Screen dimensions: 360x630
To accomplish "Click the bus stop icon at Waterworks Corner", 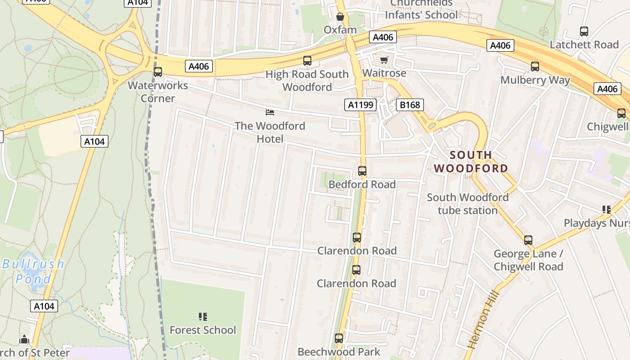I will [158, 72].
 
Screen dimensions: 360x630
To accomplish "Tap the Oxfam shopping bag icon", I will [340, 17].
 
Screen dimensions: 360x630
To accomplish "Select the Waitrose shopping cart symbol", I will [384, 60].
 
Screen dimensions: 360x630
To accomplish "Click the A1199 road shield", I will [360, 105].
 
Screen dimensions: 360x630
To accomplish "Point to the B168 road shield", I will [409, 105].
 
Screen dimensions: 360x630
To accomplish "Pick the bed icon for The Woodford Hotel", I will [270, 112].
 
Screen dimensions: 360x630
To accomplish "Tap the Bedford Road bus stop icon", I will [362, 171].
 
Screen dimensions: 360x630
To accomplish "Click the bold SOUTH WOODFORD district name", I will [471, 162].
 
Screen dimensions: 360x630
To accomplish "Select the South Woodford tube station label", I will [468, 203].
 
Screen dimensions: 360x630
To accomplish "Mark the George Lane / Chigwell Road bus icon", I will [528, 240].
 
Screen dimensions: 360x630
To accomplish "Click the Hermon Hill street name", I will [483, 320].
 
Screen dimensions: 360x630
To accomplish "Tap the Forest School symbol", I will [203, 317].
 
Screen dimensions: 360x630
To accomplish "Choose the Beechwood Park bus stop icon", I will [339, 338].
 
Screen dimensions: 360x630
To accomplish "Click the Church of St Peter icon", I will [24, 339].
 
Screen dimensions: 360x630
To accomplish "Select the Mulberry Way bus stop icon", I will [535, 67].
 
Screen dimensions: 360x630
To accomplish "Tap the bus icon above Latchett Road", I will [584, 31].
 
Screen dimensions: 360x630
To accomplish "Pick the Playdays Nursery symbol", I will [607, 210].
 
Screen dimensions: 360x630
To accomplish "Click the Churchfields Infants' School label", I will [421, 9].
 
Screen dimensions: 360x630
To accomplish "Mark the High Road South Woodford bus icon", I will [307, 61].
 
